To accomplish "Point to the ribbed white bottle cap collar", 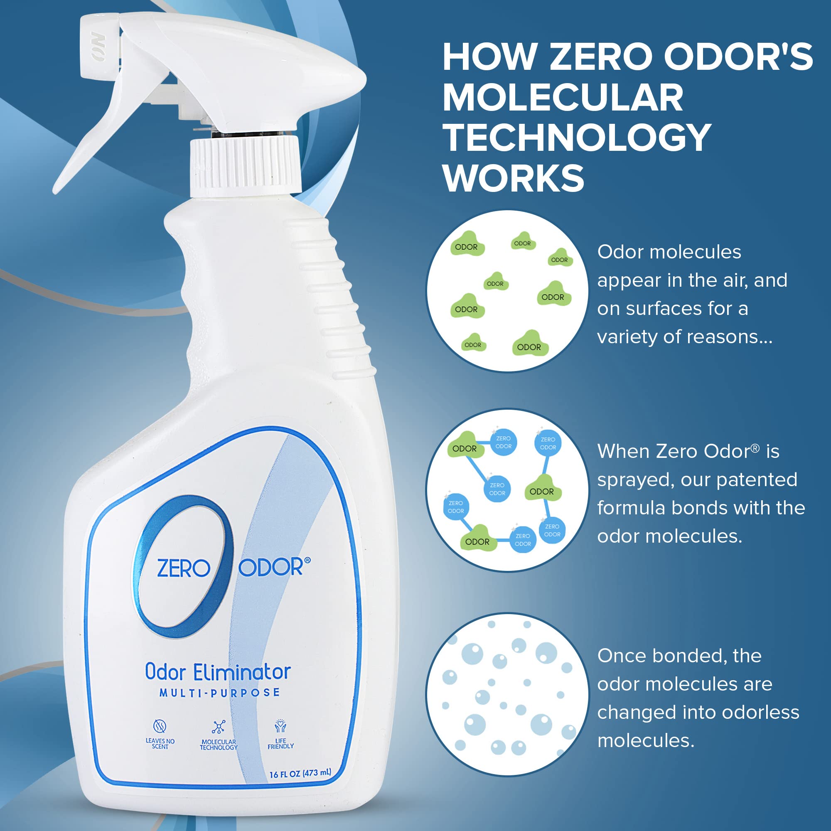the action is point(245,165).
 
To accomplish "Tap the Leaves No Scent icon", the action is point(160,726).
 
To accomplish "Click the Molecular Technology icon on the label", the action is point(219,727).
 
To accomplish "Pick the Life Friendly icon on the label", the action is point(280,726).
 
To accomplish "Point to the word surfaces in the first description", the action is point(660,309).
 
